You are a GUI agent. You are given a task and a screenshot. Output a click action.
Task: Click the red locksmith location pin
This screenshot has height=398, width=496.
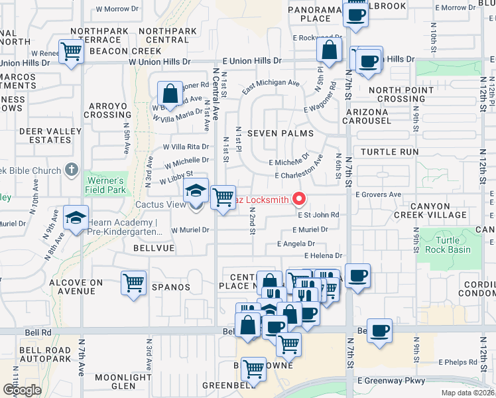[299, 198]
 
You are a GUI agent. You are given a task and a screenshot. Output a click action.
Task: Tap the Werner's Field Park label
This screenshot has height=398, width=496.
[104, 185]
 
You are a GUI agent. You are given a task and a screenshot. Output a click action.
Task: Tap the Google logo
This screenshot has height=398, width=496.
[21, 390]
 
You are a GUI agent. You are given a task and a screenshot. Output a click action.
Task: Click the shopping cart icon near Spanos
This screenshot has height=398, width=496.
[133, 283]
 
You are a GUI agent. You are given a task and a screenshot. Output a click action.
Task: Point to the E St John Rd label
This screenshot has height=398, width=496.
[318, 215]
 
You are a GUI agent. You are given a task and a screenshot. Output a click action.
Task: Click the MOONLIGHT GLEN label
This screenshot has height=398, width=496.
[115, 381]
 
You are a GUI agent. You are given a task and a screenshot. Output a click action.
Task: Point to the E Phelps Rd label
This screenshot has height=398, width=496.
[457, 363]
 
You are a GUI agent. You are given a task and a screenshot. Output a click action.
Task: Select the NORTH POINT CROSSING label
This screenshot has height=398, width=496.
[397, 94]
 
